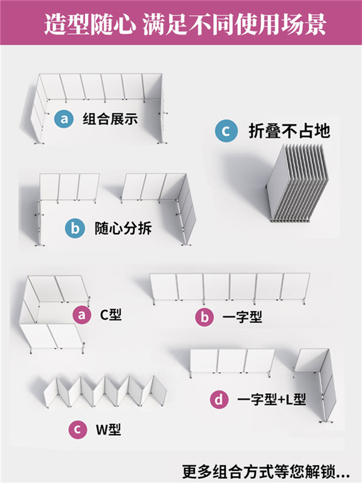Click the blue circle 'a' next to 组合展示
tap(64, 118)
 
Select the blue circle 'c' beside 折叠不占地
tap(226, 131)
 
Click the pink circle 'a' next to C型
tap(81, 315)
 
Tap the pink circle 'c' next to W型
tap(77, 430)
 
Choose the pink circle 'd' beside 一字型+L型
tap(218, 399)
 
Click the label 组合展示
tap(110, 118)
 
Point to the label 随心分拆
tap(123, 229)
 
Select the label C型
tap(110, 315)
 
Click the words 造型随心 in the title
tap(90, 25)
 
